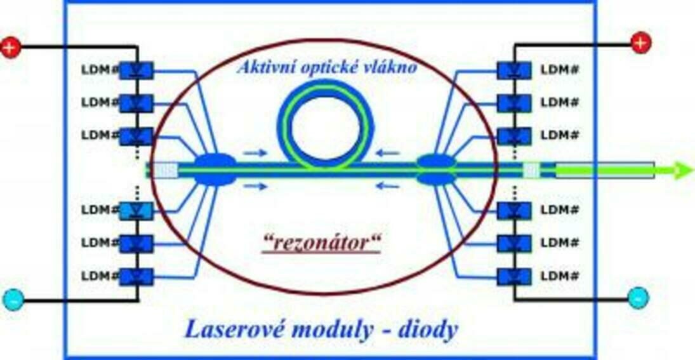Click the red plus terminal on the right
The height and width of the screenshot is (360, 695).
[640, 43]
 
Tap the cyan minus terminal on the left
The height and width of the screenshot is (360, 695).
[13, 299]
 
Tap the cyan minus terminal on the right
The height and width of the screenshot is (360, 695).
[638, 297]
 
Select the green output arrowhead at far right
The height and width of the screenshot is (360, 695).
[682, 170]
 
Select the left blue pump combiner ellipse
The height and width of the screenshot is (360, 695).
[214, 170]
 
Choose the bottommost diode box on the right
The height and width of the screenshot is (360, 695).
[513, 276]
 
